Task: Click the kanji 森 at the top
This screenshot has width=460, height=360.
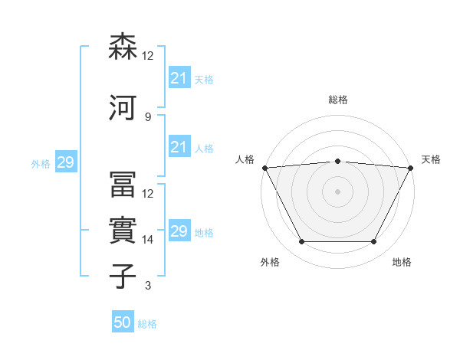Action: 124,47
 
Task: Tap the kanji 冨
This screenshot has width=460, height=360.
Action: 124,185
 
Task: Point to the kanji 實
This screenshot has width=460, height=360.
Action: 124,230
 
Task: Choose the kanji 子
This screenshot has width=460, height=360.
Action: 124,276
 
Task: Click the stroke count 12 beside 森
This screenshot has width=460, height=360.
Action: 148,56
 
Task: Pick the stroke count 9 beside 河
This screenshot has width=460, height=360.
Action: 147,116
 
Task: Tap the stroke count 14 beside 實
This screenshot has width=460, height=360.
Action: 148,240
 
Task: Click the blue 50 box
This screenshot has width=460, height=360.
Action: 123,323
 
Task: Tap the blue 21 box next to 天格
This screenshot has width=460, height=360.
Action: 179,79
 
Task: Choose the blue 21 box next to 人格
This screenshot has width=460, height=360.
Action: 179,148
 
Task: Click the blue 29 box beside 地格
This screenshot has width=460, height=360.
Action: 179,232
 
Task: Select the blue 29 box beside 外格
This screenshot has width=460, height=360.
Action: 65,163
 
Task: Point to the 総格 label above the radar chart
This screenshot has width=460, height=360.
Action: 337,100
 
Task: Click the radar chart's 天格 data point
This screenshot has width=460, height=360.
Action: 411,167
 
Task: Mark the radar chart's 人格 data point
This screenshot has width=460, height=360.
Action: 264,167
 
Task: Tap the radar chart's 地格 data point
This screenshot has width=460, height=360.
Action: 373,242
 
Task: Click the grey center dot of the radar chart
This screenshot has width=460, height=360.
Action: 337,191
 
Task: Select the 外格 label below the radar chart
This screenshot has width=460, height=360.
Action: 270,262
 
